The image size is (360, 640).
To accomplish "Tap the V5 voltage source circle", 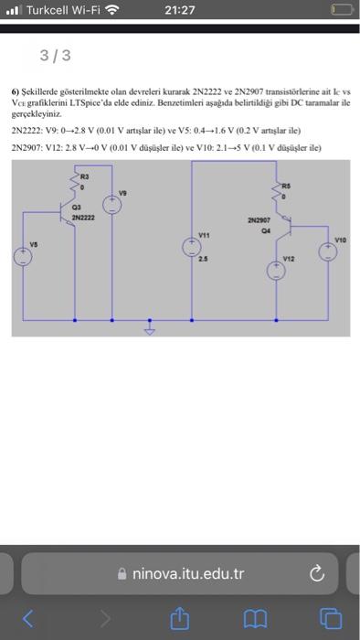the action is (x=20, y=258).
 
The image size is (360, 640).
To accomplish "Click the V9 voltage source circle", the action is (x=111, y=206).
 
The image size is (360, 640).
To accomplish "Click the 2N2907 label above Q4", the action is (x=259, y=220).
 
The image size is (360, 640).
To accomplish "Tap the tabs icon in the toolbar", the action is (x=329, y=618).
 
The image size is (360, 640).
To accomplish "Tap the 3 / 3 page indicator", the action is (x=55, y=56).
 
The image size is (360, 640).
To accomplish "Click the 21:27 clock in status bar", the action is (x=180, y=10).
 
